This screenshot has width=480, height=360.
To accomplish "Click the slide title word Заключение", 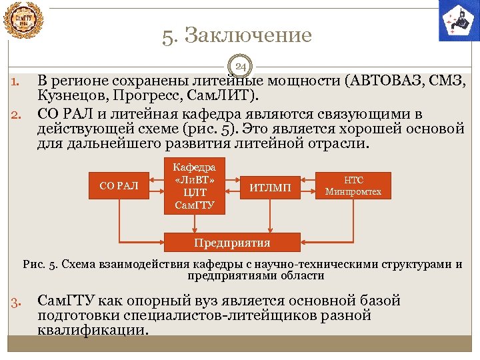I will [x=247, y=35].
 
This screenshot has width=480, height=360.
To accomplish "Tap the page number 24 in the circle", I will [x=241, y=66].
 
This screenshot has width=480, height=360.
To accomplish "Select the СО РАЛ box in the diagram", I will [x=119, y=185].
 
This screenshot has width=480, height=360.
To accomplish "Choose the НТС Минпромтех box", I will [x=353, y=186].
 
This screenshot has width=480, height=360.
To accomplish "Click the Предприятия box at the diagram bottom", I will [x=232, y=242].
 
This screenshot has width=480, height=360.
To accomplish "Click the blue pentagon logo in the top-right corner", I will [x=459, y=20].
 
